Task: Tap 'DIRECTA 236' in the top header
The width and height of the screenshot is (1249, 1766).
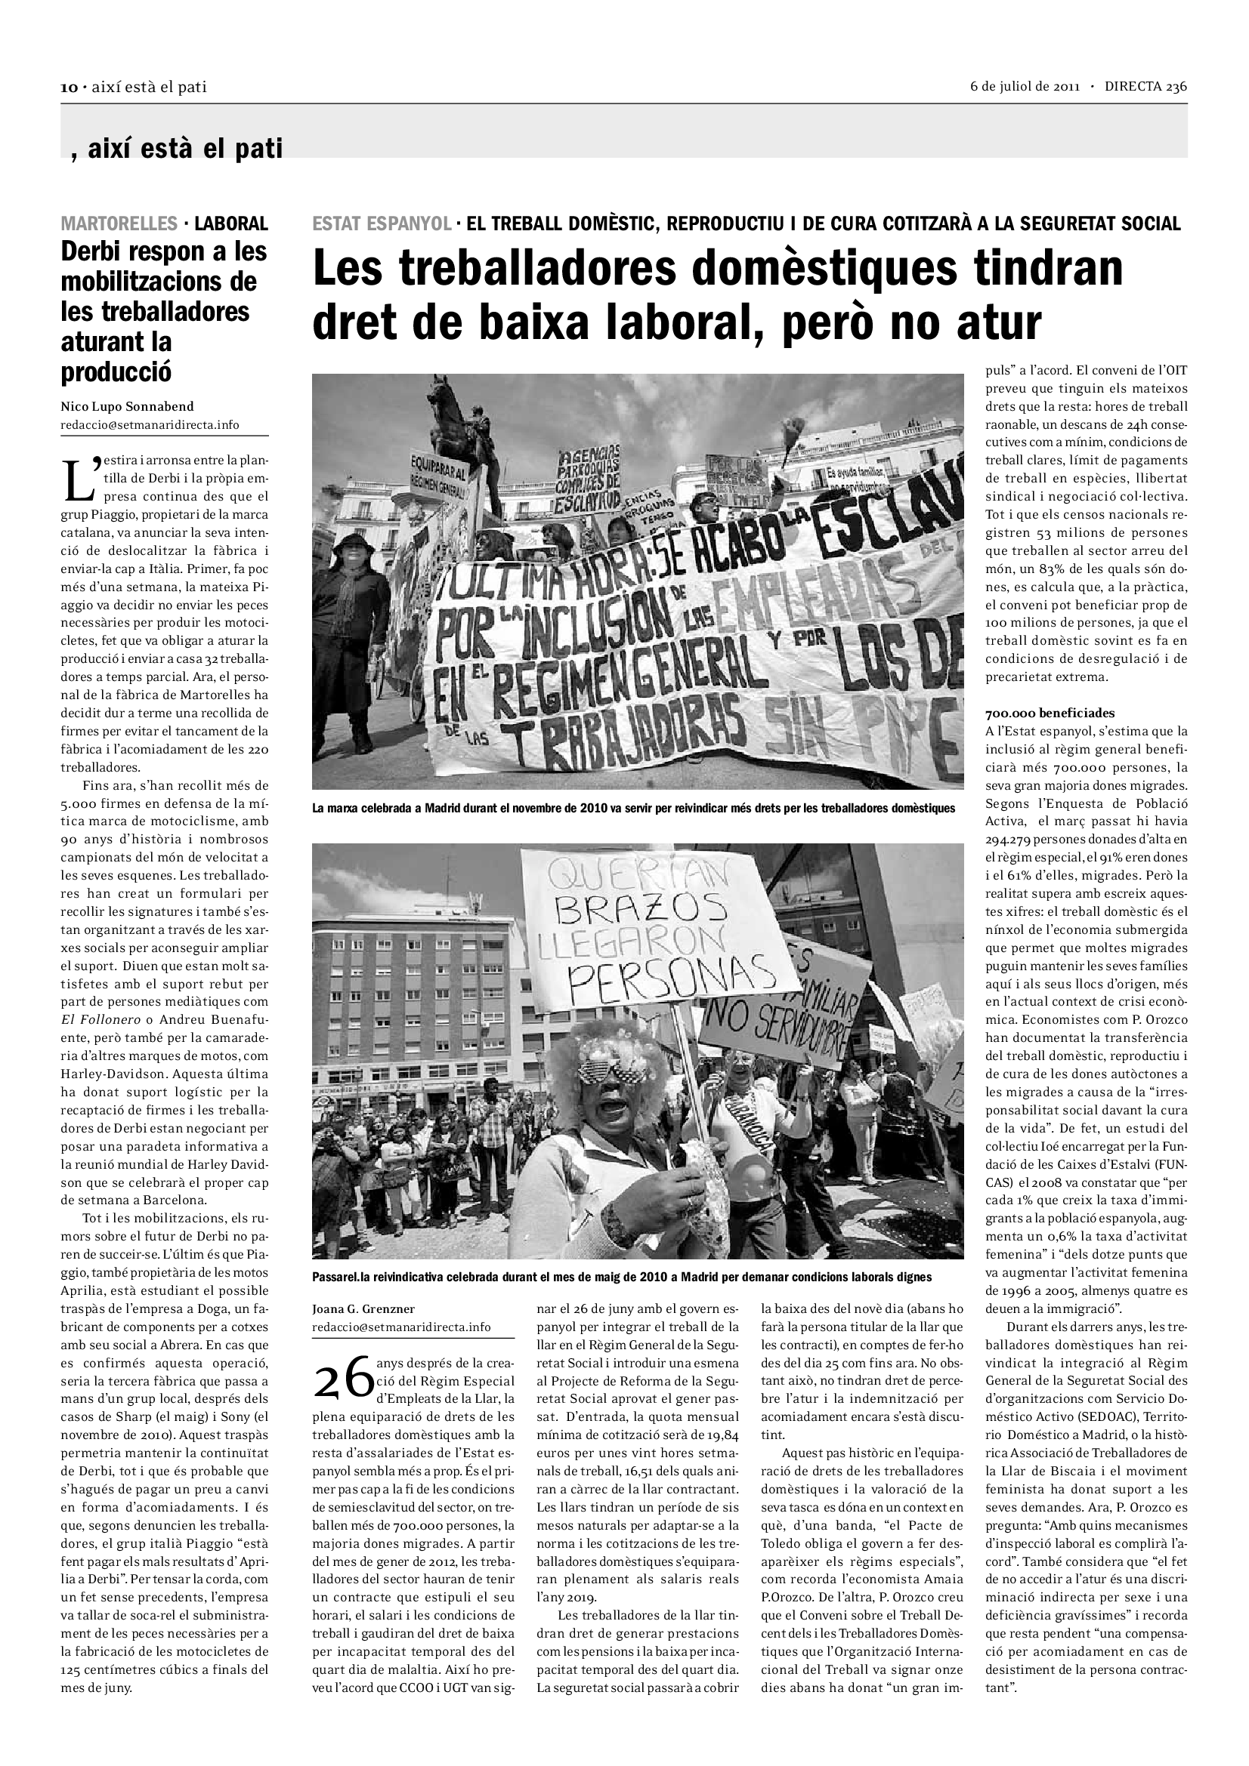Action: [1146, 86]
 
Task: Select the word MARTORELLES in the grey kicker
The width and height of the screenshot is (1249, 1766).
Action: [119, 223]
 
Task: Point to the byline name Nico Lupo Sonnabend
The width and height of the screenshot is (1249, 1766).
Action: [127, 406]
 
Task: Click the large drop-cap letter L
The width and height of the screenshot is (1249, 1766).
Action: [80, 479]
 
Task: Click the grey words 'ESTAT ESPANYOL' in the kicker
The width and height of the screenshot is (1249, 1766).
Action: [382, 223]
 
